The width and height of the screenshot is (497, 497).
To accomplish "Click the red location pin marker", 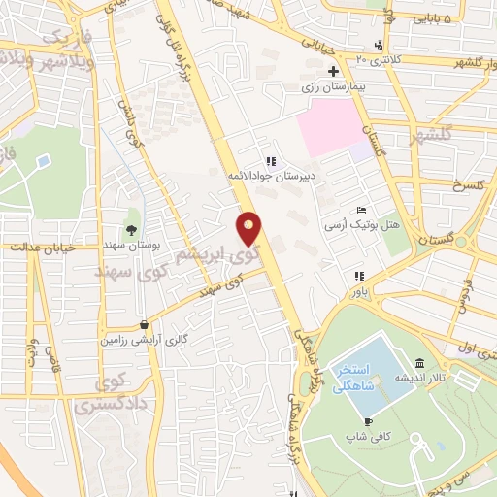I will point(250,229).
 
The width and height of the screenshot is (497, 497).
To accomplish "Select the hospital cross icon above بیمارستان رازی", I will point(333,71).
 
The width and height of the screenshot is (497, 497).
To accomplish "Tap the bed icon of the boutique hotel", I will point(361,210).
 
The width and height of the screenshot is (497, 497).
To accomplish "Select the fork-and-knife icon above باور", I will point(359,276).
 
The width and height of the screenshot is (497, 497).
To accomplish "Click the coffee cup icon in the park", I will point(368,421).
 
